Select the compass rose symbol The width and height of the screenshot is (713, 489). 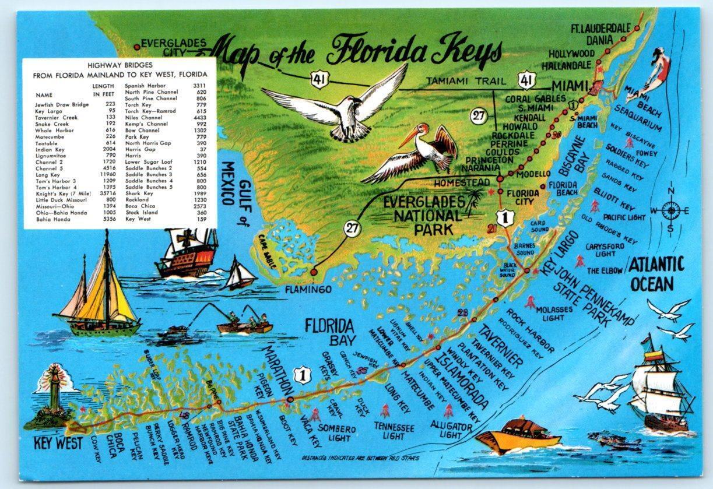coord(670,210)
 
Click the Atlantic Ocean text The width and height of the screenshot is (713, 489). coord(655,274)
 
